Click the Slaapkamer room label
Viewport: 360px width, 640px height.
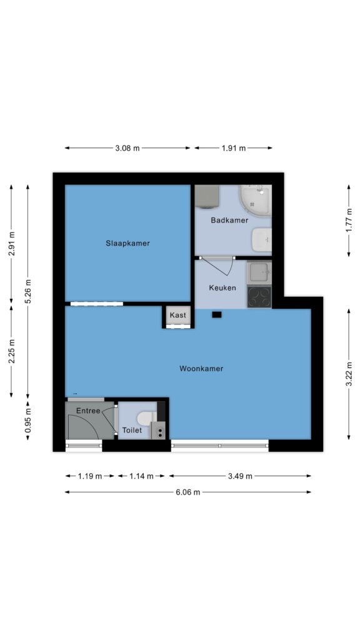coord(127,243)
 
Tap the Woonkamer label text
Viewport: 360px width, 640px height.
coord(201,369)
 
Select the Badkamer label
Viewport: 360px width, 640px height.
coord(230,221)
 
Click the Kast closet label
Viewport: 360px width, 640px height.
coord(177,315)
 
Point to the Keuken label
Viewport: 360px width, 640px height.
coord(222,287)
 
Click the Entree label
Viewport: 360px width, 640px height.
coord(88,411)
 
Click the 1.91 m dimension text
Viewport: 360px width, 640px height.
coord(234,148)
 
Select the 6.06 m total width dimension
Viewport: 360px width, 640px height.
coord(187,492)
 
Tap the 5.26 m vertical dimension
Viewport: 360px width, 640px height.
coord(27,291)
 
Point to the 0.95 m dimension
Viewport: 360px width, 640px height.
coord(27,421)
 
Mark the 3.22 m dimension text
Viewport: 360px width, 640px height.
coord(349,374)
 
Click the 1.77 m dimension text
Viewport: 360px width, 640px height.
coord(349,221)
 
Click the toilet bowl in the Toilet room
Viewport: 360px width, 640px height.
coord(144,418)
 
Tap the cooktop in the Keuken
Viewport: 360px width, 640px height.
coord(259,297)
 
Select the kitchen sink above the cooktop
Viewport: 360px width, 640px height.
coord(259,272)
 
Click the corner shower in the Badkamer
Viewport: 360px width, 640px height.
coord(255,200)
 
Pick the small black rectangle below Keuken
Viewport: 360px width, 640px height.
coord(217,315)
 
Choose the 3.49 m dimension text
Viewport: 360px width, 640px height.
coord(240,476)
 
